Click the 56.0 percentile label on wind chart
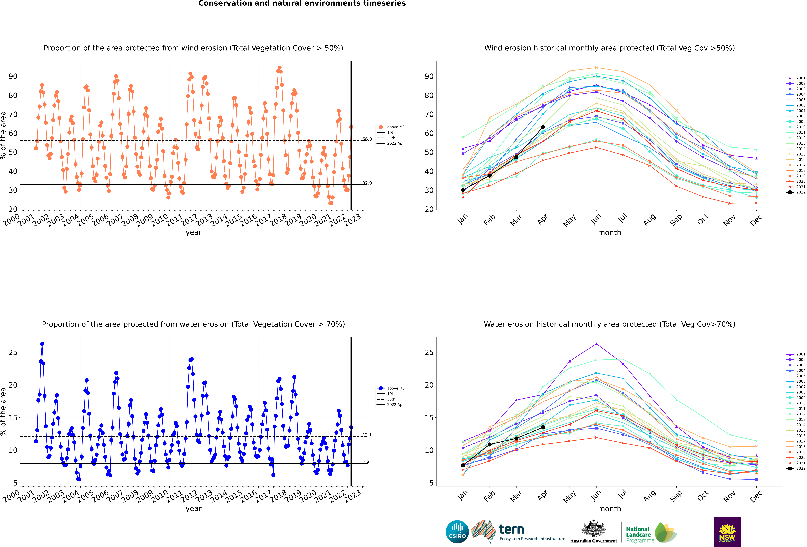[367, 139]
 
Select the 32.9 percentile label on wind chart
[367, 183]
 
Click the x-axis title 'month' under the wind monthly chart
[609, 233]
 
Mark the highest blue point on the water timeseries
[42, 344]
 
